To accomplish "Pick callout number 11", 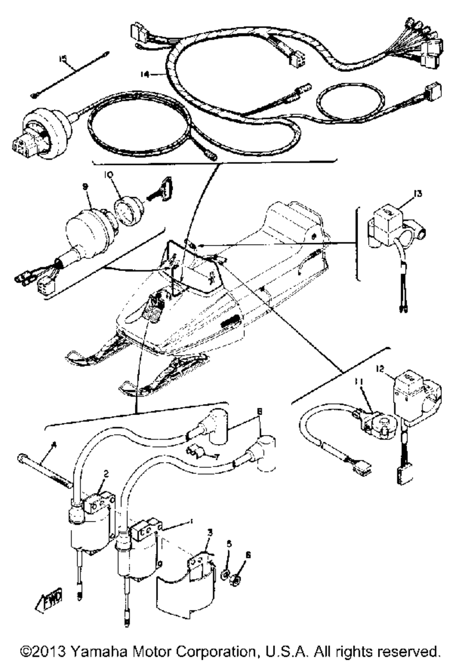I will point(359,382).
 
